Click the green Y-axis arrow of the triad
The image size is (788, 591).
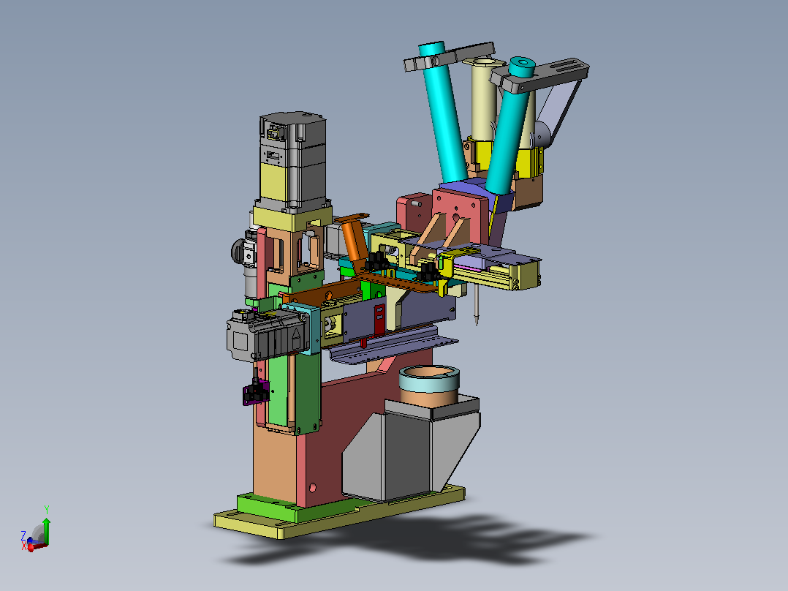click(46, 530)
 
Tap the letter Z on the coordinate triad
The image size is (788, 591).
click(23, 535)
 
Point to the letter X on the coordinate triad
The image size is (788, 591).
click(23, 546)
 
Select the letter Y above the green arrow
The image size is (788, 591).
click(46, 510)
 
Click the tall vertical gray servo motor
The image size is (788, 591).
click(292, 161)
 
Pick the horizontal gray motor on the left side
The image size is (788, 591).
click(266, 334)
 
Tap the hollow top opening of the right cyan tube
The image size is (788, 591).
click(522, 63)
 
